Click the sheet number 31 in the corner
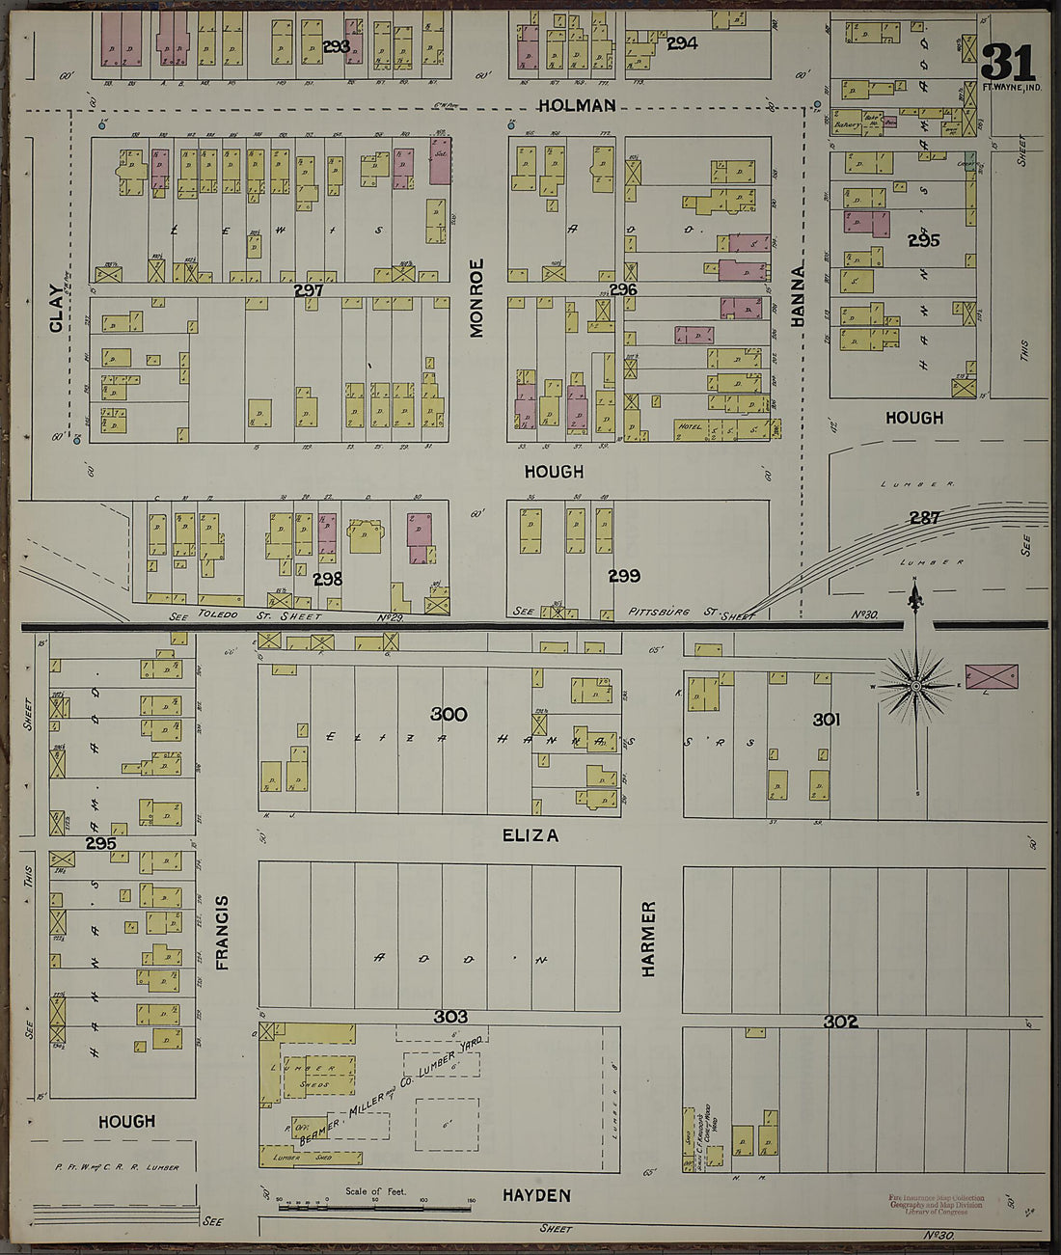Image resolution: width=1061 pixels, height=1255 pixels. pyautogui.click(x=1008, y=64)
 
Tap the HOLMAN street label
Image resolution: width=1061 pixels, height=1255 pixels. pyautogui.click(x=577, y=105)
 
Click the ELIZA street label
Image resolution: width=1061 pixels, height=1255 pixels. pyautogui.click(x=530, y=835)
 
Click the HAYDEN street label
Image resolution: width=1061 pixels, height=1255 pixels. pyautogui.click(x=536, y=1195)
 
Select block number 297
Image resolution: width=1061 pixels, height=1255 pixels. pyautogui.click(x=309, y=289)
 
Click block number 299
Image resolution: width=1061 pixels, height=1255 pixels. pyautogui.click(x=624, y=576)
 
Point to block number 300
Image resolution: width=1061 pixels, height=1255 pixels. pyautogui.click(x=449, y=715)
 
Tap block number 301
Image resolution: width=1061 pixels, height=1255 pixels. pyautogui.click(x=827, y=719)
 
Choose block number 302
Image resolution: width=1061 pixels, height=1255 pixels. pyautogui.click(x=841, y=1022)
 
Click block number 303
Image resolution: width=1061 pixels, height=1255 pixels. pyautogui.click(x=450, y=1017)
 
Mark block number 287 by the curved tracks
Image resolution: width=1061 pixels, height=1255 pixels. pyautogui.click(x=925, y=518)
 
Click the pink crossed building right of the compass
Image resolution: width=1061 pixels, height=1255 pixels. pyautogui.click(x=992, y=675)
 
